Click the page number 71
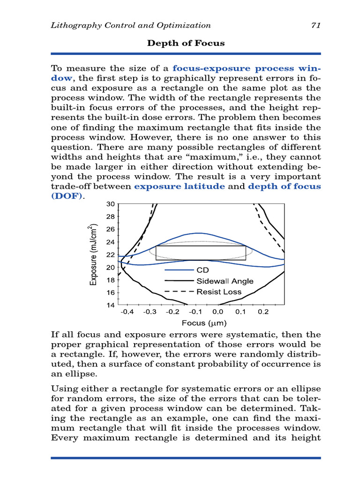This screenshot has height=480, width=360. coord(315,25)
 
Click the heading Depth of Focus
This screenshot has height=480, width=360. coord(186,43)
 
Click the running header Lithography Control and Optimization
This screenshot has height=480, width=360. coord(131,25)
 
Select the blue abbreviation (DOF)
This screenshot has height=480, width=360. coord(66,196)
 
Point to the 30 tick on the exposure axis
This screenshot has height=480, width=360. coord(111,204)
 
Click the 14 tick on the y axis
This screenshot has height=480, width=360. coord(111,305)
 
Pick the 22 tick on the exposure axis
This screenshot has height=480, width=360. coord(111,255)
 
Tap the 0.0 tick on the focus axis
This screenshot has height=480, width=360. coord(217,312)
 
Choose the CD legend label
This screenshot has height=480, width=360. coord(202,270)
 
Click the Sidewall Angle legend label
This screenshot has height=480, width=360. coord(225,281)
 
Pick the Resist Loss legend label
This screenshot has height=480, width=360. coord(219,292)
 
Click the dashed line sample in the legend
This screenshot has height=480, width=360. coord(179,292)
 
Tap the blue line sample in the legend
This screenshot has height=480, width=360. coord(179,270)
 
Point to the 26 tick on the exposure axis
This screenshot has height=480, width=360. coord(111,229)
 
